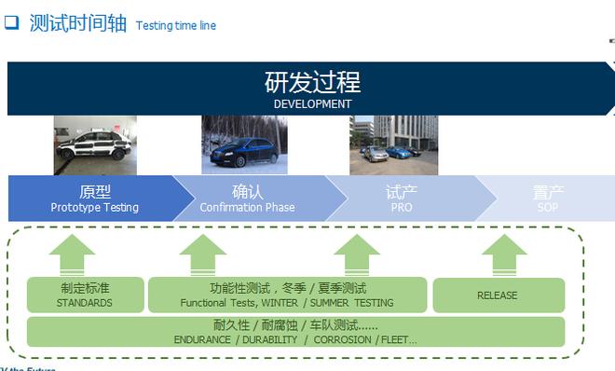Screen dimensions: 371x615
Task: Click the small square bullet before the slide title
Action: (12, 24)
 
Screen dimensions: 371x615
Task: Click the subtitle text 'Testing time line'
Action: (175, 25)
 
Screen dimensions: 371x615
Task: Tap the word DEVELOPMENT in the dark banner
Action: (312, 104)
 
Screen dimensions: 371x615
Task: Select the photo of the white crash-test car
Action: (95, 145)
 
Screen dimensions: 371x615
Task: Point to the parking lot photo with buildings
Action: (393, 145)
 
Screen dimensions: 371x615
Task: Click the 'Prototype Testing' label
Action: (94, 208)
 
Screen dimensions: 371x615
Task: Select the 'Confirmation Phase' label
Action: (247, 208)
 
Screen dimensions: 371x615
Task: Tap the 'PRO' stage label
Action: (402, 208)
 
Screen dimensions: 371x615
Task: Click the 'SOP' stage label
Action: (548, 208)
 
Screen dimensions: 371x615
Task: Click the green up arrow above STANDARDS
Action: (73, 254)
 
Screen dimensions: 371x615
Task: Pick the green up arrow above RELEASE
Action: (504, 254)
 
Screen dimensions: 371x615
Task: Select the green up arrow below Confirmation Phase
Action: (202, 254)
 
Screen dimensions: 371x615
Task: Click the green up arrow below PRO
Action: (356, 254)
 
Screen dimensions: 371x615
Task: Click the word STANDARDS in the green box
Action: (84, 303)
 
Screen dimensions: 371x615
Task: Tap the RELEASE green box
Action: (498, 295)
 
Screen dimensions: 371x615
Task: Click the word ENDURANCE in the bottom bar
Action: (203, 340)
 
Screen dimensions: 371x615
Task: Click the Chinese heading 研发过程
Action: (312, 82)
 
